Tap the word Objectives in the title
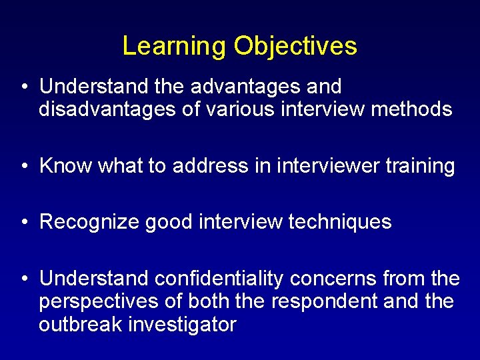295,46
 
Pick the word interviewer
331,165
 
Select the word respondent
325,301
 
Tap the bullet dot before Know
24,166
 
